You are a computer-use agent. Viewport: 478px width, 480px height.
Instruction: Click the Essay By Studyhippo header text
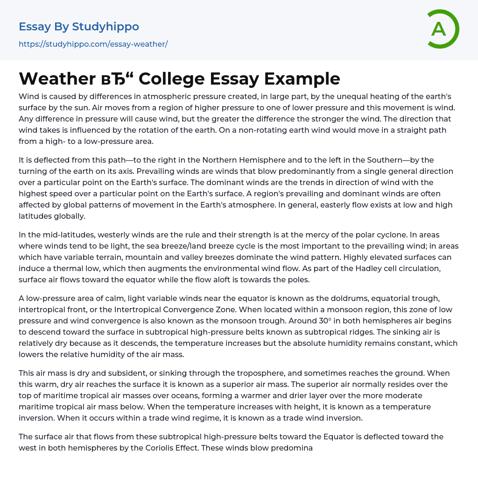coord(79,27)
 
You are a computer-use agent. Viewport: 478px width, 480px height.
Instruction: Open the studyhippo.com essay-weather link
coord(93,44)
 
